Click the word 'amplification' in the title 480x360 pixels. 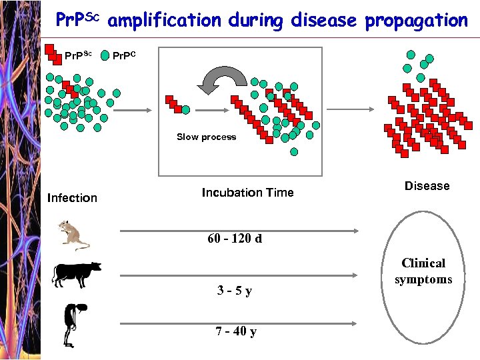pos(163,21)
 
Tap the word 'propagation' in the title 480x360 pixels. pos(416,21)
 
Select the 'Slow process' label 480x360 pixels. pos(206,137)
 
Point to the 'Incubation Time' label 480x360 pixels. pos(247,193)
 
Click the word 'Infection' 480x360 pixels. pos(72,198)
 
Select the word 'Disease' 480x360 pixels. pos(427,186)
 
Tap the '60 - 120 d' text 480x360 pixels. pos(235,239)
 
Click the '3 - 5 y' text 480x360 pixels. pos(235,291)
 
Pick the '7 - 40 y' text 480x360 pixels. pos(235,331)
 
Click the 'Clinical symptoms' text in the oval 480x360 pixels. pos(423,271)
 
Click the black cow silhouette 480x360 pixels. pos(76,273)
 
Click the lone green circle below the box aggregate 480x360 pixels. pos(294,151)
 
